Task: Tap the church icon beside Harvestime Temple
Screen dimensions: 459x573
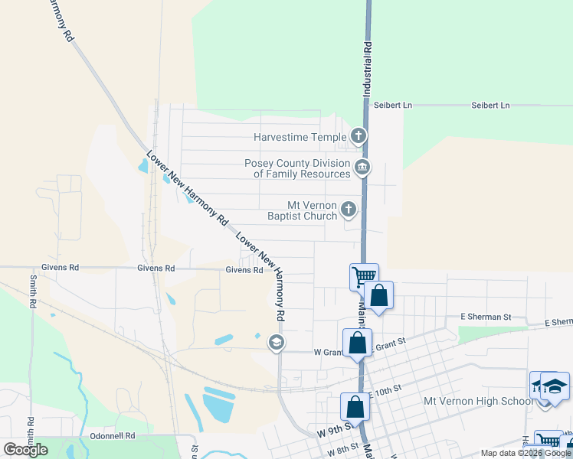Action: tap(358, 137)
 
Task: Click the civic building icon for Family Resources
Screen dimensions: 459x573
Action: tap(362, 168)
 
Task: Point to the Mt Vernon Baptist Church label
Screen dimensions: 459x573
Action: tap(303, 210)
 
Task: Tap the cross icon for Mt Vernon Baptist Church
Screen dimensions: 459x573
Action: tap(349, 209)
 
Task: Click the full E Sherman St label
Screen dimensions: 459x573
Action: tap(485, 317)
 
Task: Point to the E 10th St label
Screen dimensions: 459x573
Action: tap(385, 392)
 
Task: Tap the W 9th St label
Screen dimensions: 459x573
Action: tap(335, 431)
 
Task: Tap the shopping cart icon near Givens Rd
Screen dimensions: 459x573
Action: tap(363, 275)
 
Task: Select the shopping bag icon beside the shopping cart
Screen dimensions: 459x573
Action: tap(378, 294)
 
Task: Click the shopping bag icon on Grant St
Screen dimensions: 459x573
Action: tap(357, 342)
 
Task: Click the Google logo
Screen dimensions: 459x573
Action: tap(25, 450)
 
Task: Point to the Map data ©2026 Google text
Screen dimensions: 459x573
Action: tap(526, 453)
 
